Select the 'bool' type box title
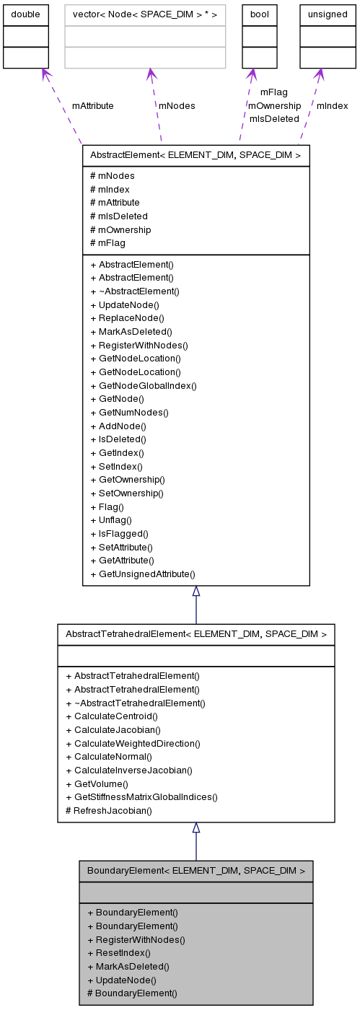click(259, 14)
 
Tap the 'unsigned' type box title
click(328, 14)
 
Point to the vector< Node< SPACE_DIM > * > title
click(145, 14)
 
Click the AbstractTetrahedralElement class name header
click(196, 634)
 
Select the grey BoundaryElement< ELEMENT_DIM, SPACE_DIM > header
click(196, 871)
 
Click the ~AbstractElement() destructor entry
click(135, 291)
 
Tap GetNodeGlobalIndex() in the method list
click(144, 386)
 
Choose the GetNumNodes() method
click(130, 413)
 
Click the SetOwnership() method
click(127, 493)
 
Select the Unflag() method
click(111, 520)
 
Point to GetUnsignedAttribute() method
click(143, 574)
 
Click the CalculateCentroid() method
click(112, 716)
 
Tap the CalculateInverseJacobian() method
click(129, 770)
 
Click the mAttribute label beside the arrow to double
click(92, 105)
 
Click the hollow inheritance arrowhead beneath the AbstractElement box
click(196, 591)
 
